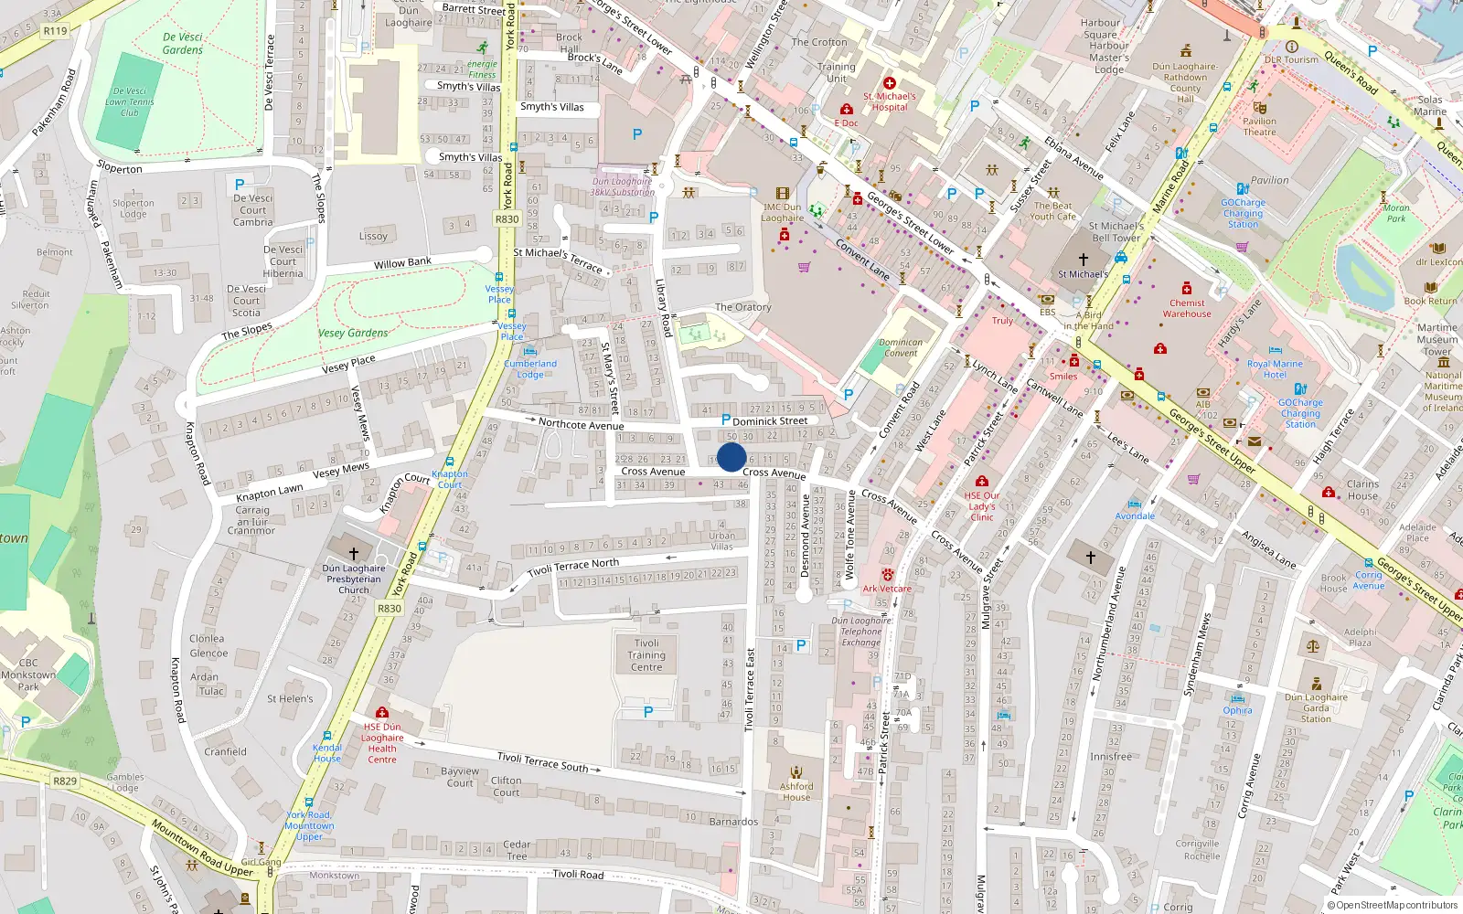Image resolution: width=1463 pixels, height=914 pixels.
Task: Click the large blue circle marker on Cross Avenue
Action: click(x=731, y=457)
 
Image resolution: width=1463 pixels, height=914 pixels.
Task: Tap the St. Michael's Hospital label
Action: click(x=890, y=101)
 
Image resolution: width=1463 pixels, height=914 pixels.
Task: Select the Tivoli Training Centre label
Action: click(x=646, y=655)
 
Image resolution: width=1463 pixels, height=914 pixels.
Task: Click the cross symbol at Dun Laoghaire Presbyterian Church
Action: click(x=354, y=554)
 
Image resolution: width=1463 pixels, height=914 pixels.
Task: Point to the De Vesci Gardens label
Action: click(x=183, y=44)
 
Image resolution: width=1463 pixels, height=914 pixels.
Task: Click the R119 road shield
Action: click(x=55, y=31)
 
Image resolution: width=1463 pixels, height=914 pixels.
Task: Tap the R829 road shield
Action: click(x=65, y=781)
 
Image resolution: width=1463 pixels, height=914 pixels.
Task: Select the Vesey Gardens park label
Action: click(x=353, y=334)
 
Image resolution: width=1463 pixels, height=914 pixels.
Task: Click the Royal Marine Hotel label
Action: click(x=1275, y=369)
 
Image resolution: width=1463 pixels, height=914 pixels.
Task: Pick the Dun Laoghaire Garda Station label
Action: click(x=1316, y=707)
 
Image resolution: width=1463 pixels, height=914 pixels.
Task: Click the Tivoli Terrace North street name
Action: click(x=573, y=568)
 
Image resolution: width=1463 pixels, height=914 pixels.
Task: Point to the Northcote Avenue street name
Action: click(x=581, y=424)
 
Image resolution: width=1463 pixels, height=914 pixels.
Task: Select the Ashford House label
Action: click(x=796, y=792)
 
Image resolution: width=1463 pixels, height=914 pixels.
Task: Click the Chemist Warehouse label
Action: click(x=1187, y=308)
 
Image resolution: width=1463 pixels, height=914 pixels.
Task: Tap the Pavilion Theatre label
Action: click(x=1259, y=126)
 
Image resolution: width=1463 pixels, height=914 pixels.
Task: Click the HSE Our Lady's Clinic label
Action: click(x=982, y=506)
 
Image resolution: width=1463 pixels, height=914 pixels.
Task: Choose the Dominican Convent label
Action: click(x=901, y=347)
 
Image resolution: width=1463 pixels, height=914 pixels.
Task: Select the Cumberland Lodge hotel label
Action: click(x=530, y=368)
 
